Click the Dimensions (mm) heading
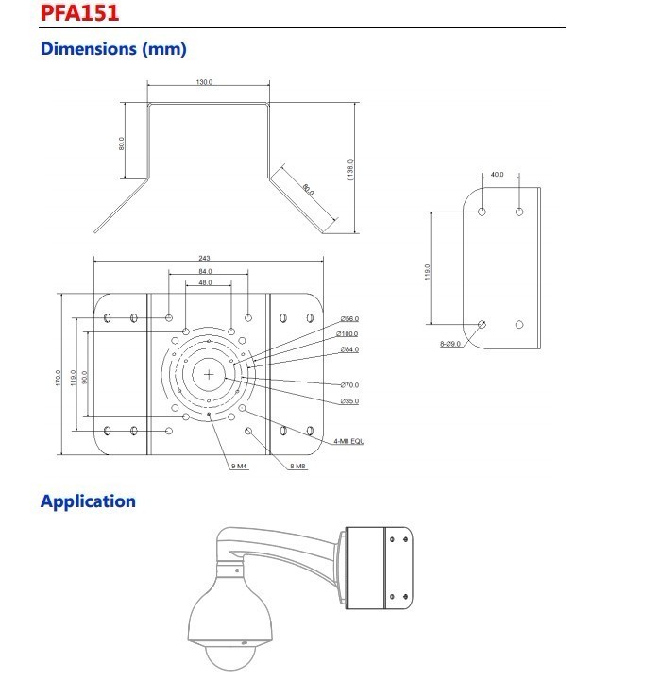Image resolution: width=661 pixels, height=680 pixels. coord(113,48)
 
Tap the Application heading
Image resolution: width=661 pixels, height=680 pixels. coord(88,501)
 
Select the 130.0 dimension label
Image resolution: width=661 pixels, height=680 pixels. coord(204,83)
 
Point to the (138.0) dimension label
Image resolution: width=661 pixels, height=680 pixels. coord(350,168)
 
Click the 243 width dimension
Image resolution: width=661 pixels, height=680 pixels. coord(205,258)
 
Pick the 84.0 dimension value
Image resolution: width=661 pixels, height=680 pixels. coord(205,271)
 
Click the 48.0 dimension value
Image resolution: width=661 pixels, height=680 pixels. coord(205,283)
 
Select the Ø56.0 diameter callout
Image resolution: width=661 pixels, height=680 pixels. coord(349,319)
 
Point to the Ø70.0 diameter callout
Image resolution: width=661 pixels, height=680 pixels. coord(349,385)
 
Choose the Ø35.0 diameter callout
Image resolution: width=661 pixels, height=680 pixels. coord(349,401)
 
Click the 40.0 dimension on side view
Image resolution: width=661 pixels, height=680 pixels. coord(499,175)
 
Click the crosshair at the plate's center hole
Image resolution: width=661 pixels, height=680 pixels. coord(209,374)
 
